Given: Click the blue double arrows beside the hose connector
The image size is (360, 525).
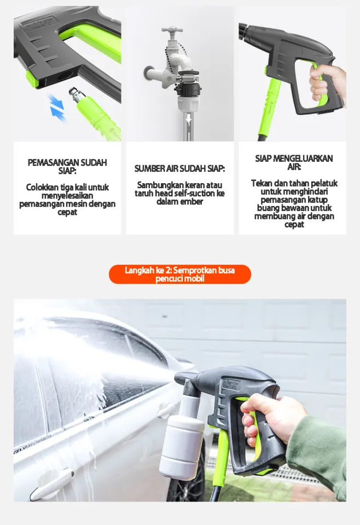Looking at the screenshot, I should [56, 106].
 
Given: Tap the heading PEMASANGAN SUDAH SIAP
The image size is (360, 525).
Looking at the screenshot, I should [67, 167].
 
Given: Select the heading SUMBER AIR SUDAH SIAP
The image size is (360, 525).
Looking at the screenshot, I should [179, 169].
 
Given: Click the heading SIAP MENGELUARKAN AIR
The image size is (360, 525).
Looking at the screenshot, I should [294, 162].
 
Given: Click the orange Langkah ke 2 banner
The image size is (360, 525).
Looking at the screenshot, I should [179, 275].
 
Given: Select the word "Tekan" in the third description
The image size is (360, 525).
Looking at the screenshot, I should [262, 183].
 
